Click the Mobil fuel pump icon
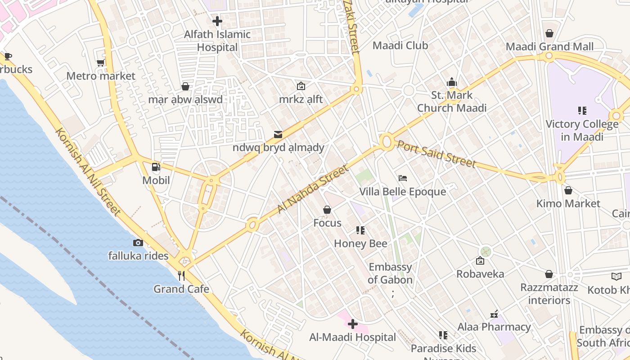coord(156,167)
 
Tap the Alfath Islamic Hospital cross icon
coord(217,21)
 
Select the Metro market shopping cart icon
coord(101,63)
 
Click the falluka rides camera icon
coord(138,243)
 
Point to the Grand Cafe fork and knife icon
coord(181,276)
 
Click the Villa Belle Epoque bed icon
coord(403,179)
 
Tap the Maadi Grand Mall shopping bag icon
coord(549,33)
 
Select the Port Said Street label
coord(435,153)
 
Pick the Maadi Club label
coord(400,45)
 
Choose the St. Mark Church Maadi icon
coord(452,82)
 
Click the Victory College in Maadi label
coord(582,130)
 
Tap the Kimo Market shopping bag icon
coord(568,190)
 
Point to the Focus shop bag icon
coord(327,210)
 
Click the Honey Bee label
coord(360,243)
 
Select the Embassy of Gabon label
coord(390,273)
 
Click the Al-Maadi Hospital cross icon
coord(353,324)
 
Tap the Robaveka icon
coord(480,261)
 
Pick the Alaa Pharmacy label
coord(494,327)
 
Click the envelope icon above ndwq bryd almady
coord(278,134)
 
